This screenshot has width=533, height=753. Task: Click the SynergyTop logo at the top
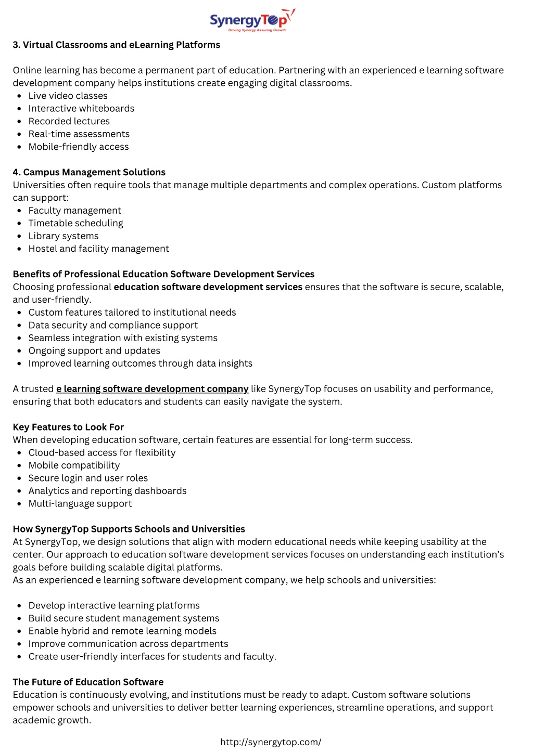click(x=252, y=20)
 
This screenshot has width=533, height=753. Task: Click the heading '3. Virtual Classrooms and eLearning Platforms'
click(x=116, y=45)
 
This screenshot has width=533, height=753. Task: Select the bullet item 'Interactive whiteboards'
click(x=81, y=108)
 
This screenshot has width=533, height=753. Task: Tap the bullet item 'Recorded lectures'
click(x=69, y=121)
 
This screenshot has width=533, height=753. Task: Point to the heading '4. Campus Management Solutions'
click(x=89, y=172)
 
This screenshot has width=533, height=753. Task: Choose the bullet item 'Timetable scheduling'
click(x=75, y=223)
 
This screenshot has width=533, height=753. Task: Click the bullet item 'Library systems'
click(x=63, y=236)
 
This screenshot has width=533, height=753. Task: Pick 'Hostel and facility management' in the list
click(x=98, y=249)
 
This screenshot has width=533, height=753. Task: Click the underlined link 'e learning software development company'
click(x=152, y=389)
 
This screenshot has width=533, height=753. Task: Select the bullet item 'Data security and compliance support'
click(x=113, y=325)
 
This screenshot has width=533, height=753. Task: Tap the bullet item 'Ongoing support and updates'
click(x=94, y=350)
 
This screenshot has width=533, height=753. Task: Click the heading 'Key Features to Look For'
click(x=68, y=427)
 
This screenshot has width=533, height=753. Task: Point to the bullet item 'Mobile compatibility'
click(x=74, y=465)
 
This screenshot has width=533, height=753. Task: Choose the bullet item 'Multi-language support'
click(x=80, y=503)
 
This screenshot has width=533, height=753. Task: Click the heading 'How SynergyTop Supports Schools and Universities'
click(x=129, y=529)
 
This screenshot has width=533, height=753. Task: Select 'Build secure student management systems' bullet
click(x=123, y=618)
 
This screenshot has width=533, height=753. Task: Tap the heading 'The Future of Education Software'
click(x=88, y=682)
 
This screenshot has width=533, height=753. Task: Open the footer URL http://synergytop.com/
click(x=271, y=742)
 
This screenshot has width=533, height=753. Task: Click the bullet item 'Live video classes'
click(x=68, y=96)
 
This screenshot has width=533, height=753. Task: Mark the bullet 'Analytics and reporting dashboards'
click(x=107, y=491)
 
